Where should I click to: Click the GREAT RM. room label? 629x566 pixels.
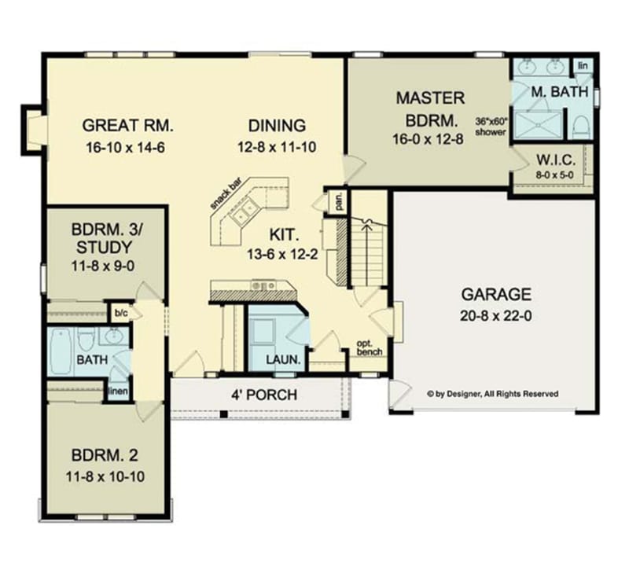coord(127,125)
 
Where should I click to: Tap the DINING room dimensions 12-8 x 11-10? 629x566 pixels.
coord(277,146)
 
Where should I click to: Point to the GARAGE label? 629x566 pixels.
coord(495,295)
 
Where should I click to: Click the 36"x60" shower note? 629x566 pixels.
coord(492,127)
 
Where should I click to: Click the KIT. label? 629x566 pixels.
coord(284,233)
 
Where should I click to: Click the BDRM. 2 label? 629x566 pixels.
coord(105,455)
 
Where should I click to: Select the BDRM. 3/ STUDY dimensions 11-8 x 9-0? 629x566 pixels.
coord(105,266)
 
